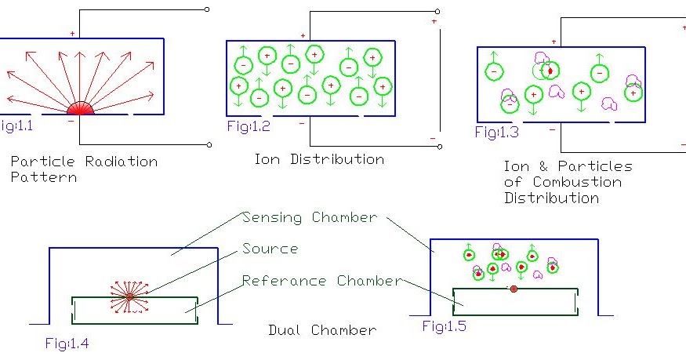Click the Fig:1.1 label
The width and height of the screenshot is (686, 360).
point(16,125)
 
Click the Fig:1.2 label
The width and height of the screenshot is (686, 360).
point(242,125)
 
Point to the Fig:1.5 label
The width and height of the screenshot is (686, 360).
point(444,326)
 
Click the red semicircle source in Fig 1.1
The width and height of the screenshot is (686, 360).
point(80,109)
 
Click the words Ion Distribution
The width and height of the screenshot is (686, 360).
point(319,159)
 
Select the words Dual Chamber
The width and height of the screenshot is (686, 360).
point(322,330)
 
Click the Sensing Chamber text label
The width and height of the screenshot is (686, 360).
point(310,217)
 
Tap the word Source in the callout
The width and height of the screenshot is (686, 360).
point(270,249)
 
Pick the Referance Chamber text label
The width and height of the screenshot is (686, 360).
point(322,281)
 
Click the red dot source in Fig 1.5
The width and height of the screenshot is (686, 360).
point(514,289)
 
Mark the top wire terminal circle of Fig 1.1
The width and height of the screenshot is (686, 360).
point(207,10)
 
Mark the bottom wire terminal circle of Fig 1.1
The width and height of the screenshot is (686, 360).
point(208,144)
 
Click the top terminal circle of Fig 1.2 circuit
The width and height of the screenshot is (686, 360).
point(437,12)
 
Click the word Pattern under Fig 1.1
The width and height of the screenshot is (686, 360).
point(43,178)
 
